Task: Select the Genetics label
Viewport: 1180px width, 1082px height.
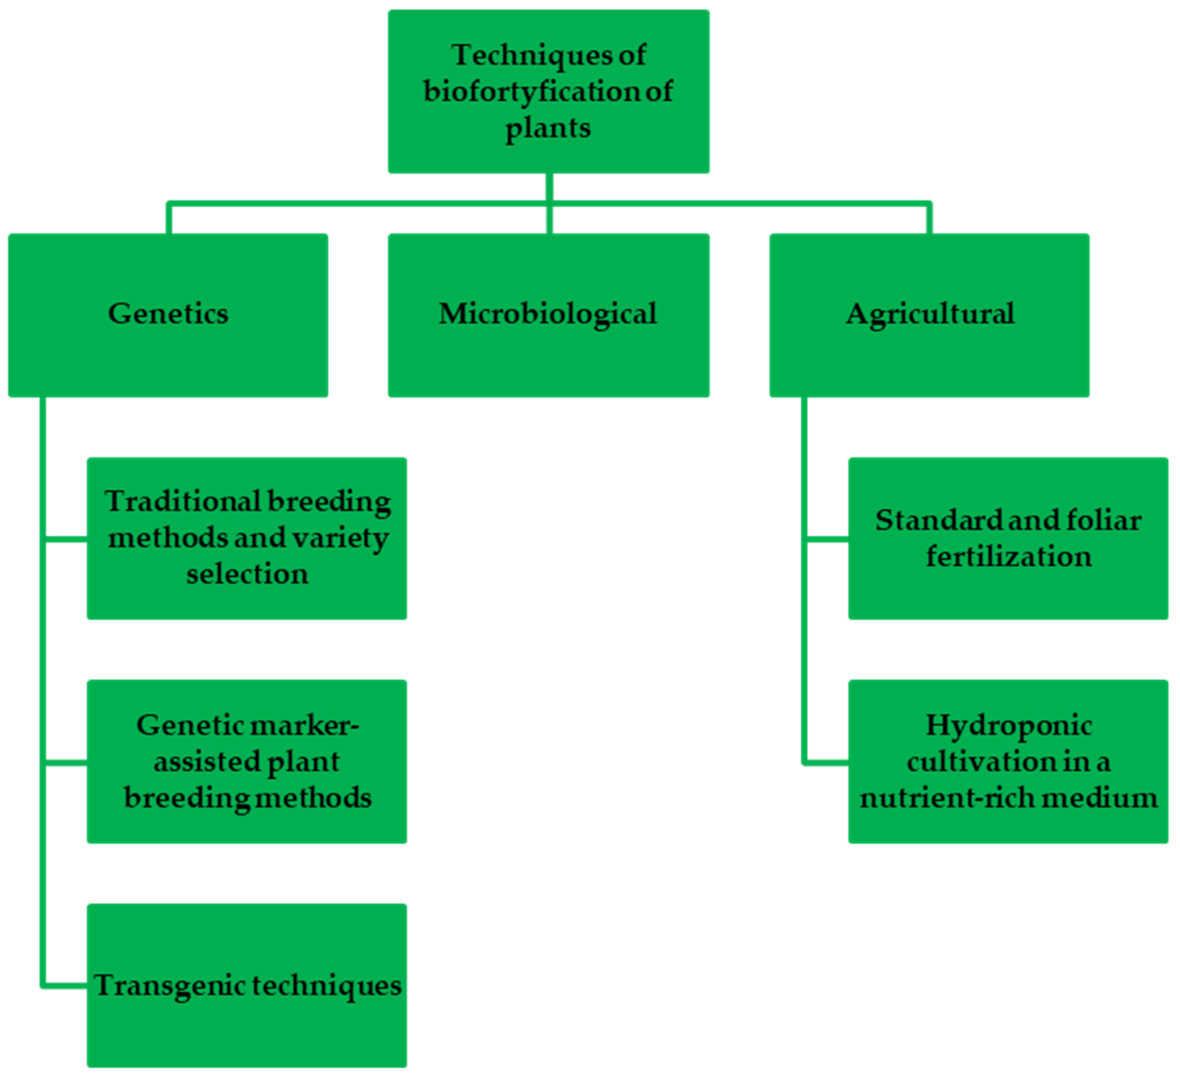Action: click(168, 314)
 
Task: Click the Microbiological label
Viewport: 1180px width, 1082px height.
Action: click(548, 314)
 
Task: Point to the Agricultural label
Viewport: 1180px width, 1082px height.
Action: click(930, 314)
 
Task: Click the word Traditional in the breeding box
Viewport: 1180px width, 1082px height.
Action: click(183, 502)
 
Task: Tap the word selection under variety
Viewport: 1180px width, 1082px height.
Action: click(247, 574)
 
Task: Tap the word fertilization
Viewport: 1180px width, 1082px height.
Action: click(1009, 556)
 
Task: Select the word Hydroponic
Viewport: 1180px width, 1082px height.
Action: click(1009, 726)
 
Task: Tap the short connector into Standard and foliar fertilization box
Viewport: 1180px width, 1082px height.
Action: click(827, 539)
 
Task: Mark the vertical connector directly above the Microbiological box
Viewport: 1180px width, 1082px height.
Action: click(549, 220)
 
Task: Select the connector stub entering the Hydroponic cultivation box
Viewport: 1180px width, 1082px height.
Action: click(827, 763)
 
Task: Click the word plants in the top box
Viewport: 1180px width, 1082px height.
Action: click(548, 128)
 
